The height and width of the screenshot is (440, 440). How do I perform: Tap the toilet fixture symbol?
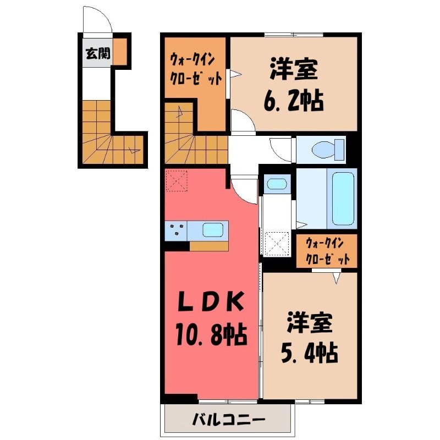pyautogui.click(x=328, y=149)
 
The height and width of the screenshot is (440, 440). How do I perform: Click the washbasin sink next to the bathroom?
pyautogui.click(x=277, y=184)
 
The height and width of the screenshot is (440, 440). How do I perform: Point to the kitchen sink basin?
pyautogui.click(x=213, y=230)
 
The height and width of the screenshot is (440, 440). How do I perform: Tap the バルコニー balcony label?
pyautogui.click(x=229, y=420)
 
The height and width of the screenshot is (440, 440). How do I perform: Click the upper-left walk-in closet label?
pyautogui.click(x=196, y=69)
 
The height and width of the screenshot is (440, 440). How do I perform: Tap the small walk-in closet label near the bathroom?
pyautogui.click(x=327, y=251)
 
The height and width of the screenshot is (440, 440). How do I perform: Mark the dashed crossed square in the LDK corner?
pyautogui.click(x=177, y=180)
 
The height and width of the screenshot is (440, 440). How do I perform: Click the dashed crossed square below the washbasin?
pyautogui.click(x=277, y=244)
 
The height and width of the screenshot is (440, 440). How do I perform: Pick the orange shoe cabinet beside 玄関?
pyautogui.click(x=120, y=52)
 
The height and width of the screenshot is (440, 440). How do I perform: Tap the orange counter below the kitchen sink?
pyautogui.click(x=208, y=246)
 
